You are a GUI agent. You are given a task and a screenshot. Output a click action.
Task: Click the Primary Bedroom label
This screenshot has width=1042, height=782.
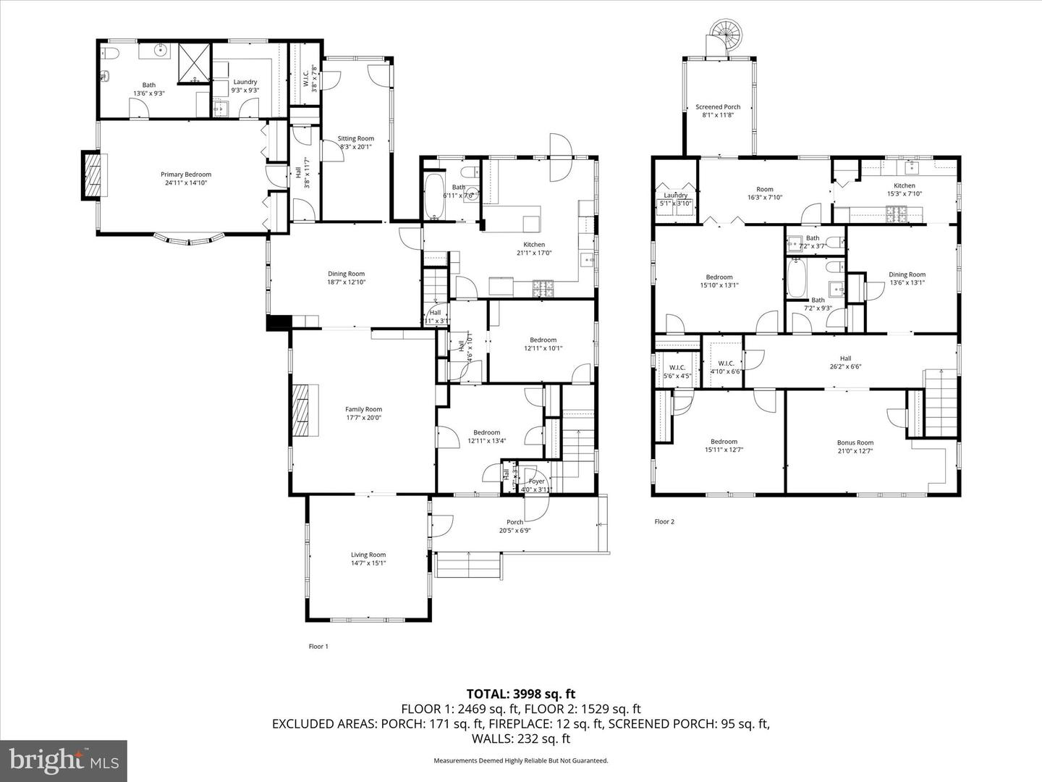[186, 175]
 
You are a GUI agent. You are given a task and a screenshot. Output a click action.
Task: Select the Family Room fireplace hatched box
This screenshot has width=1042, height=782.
[305, 409]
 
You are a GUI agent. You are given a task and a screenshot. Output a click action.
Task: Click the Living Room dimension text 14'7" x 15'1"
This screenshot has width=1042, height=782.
[368, 563]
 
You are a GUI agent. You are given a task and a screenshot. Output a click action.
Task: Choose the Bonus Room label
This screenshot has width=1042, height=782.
[855, 442]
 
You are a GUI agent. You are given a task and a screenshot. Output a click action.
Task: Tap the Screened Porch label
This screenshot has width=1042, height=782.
[718, 107]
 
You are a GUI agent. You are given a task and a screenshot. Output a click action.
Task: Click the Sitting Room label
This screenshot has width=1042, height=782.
[356, 139]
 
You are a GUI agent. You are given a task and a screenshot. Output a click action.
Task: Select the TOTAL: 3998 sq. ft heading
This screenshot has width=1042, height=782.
[520, 694]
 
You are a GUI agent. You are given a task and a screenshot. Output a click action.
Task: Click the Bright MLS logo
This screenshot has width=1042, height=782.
[64, 760]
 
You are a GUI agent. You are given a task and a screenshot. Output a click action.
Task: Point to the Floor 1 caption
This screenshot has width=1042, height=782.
[318, 647]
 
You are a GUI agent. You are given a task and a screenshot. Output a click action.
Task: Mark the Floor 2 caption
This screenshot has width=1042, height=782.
[664, 521]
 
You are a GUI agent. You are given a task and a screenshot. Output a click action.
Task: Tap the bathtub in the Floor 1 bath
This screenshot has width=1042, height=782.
[434, 196]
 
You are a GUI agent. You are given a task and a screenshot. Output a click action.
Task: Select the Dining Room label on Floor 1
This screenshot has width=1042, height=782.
[346, 274]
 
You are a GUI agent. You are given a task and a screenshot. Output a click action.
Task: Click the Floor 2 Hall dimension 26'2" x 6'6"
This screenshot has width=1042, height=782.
[845, 366]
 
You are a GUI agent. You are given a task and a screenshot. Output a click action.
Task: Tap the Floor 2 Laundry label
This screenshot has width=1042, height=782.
[675, 195]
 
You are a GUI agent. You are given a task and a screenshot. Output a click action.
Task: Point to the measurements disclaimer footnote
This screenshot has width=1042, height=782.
[520, 761]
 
